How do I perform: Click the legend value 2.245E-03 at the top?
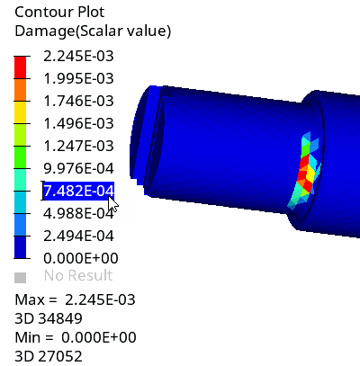(x=78, y=56)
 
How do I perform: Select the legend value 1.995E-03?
(x=78, y=78)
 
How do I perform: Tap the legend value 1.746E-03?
(x=78, y=101)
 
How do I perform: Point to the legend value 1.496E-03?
(x=78, y=123)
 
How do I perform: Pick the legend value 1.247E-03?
(x=78, y=146)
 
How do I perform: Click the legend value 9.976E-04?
(x=78, y=168)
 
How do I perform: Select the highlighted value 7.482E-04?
(x=78, y=191)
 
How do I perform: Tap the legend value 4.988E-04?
(x=78, y=213)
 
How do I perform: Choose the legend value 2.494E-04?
(x=78, y=236)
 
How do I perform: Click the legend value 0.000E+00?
(x=81, y=258)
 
